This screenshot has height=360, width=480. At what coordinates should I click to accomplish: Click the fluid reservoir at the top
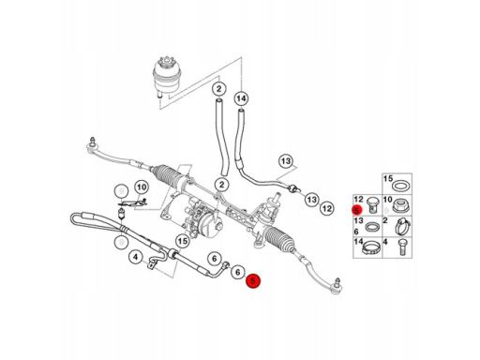tap(167, 77)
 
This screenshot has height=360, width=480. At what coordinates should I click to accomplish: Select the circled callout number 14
tap(241, 99)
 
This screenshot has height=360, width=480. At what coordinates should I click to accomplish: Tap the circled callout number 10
tap(142, 187)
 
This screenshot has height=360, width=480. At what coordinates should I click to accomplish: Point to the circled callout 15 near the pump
tap(183, 241)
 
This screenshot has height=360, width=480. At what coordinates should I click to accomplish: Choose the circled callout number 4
tap(135, 258)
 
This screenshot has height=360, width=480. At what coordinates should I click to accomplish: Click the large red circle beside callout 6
tap(253, 281)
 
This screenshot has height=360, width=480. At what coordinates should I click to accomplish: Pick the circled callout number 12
tap(327, 208)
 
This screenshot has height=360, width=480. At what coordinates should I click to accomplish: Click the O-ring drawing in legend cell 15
tap(401, 187)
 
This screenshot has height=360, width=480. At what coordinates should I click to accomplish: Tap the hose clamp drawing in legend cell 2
tap(402, 226)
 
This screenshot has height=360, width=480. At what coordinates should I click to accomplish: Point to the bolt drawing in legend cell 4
tap(402, 247)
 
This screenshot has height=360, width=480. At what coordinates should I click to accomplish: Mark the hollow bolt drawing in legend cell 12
tap(373, 204)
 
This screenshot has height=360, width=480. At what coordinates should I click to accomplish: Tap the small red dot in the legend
tap(357, 210)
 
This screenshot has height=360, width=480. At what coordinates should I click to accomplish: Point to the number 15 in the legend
tap(388, 179)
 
